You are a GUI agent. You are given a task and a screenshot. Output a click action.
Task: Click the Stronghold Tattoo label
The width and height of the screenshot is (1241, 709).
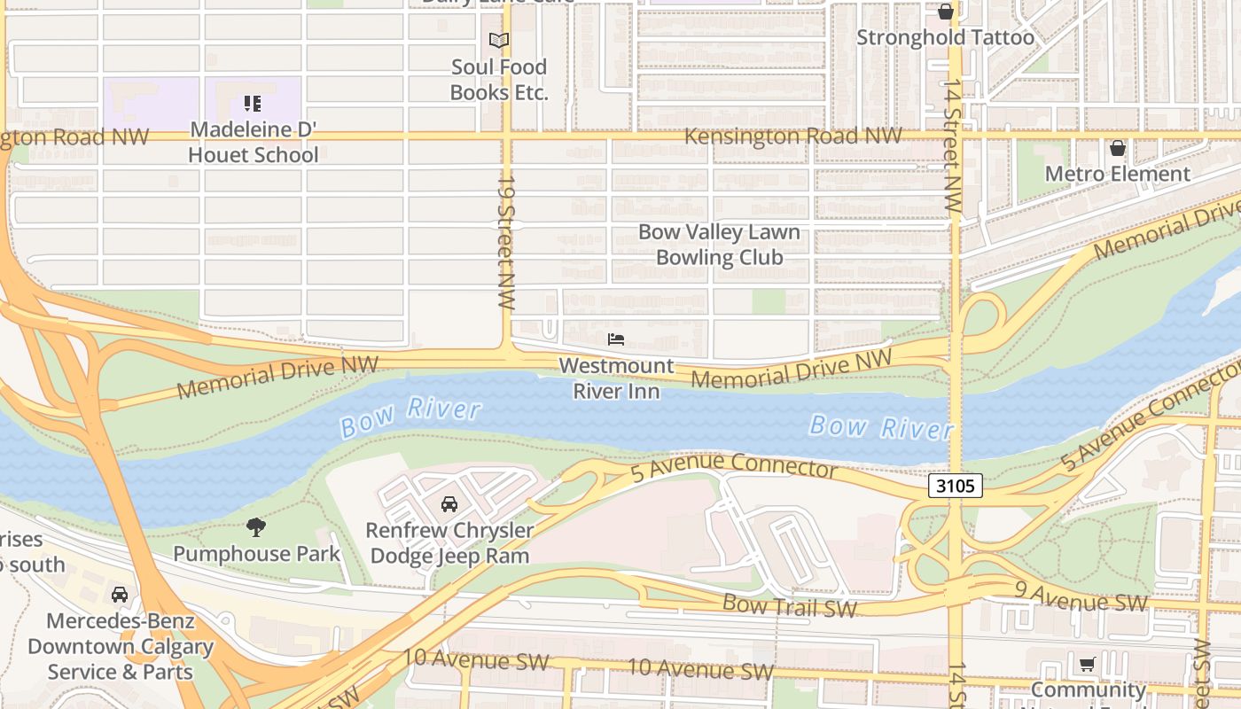(945, 38)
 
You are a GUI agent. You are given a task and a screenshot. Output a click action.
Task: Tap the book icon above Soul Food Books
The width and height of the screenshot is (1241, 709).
(499, 40)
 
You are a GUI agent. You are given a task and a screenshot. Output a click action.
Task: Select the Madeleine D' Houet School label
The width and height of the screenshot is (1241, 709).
(254, 142)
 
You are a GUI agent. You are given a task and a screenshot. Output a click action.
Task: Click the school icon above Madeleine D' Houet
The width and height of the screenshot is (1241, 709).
(253, 104)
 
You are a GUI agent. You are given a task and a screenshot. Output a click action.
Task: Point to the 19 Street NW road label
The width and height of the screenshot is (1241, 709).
(506, 241)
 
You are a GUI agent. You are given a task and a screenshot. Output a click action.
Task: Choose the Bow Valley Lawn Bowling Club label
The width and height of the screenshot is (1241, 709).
(719, 245)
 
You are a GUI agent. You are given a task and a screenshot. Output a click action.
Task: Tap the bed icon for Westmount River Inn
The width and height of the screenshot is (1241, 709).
(616, 339)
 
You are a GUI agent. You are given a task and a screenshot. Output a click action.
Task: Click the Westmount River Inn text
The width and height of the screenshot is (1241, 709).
(616, 378)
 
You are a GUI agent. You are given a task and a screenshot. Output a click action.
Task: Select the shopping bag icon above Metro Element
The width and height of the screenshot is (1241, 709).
(1118, 148)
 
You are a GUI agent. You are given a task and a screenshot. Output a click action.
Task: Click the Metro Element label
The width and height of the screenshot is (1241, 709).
(1117, 174)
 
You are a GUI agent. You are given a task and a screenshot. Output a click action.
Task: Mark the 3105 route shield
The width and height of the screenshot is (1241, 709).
(956, 486)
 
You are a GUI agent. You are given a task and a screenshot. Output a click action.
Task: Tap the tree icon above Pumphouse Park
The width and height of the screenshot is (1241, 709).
(256, 528)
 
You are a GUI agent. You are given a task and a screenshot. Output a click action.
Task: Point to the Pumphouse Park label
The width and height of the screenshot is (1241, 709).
(256, 554)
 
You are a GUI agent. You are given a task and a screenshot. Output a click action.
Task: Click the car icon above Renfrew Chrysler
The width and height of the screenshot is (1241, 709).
(449, 504)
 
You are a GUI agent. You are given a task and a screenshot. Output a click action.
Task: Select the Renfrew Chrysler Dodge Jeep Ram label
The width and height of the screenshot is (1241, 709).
(451, 543)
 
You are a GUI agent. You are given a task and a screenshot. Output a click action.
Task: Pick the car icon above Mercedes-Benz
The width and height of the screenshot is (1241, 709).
(120, 594)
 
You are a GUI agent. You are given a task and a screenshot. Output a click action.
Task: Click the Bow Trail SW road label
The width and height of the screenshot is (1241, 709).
(790, 606)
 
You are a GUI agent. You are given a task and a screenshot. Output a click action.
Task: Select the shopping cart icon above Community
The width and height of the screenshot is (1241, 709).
(1088, 664)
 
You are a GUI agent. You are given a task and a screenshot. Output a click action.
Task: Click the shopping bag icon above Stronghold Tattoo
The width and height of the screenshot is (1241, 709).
(946, 12)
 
